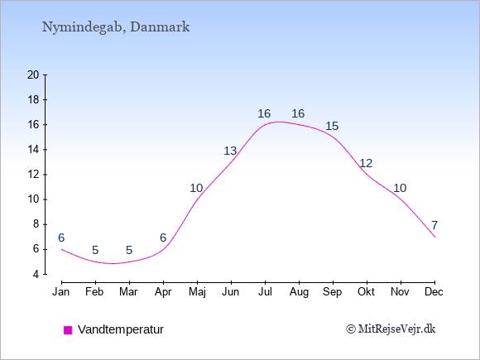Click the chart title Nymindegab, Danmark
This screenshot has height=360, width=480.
(x=116, y=27)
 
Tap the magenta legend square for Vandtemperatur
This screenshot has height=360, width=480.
(x=68, y=330)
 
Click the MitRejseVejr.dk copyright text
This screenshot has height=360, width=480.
(x=391, y=329)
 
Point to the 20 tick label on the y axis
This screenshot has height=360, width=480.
(x=33, y=74)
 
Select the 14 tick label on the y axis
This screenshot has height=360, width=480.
(x=33, y=150)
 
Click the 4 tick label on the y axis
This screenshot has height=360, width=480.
(x=36, y=274)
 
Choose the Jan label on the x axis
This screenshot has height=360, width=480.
(x=61, y=292)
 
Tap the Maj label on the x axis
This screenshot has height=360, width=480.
(x=197, y=292)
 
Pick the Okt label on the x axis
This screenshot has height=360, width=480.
(x=366, y=292)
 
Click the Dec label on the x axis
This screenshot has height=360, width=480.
(x=434, y=292)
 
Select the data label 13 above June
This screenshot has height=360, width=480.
(x=230, y=151)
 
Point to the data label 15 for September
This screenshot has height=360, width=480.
(x=332, y=126)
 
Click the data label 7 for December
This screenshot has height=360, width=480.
(x=434, y=226)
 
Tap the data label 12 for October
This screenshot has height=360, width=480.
(x=366, y=164)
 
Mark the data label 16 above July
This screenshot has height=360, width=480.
(x=264, y=114)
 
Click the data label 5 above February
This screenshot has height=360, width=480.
(x=95, y=251)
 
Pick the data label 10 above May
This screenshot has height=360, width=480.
(x=196, y=188)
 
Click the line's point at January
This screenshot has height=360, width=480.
(x=61, y=249)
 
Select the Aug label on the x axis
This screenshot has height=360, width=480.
(x=299, y=292)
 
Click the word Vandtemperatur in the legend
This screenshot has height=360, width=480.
(x=121, y=329)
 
